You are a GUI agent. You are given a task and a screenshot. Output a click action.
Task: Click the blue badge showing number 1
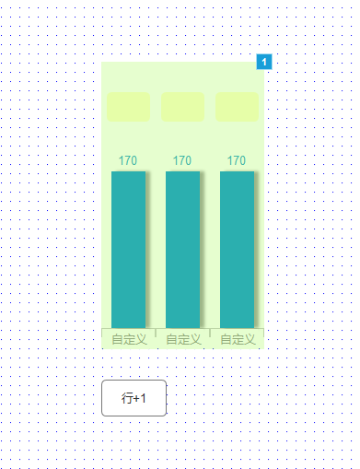coord(264,62)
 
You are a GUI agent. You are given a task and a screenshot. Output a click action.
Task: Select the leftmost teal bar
coord(128,250)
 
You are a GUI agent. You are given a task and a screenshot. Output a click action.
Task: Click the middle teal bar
coord(182,250)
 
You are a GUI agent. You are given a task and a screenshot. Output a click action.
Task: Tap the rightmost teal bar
coord(237,250)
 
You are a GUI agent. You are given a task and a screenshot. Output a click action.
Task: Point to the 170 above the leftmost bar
coord(128,160)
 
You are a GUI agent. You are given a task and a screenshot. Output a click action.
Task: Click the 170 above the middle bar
coord(182,160)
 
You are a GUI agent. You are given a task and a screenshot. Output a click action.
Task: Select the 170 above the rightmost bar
coord(237,160)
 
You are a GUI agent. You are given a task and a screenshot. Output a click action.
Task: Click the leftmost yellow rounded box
coord(128,107)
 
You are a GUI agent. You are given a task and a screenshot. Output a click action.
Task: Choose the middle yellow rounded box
coord(182,107)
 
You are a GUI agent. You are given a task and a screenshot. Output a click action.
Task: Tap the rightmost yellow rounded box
coord(237,107)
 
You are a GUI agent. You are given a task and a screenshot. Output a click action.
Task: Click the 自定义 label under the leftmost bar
coord(129,339)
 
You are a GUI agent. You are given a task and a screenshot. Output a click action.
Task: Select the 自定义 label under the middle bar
coord(183,339)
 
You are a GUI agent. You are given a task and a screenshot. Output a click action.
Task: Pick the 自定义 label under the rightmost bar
coord(238,339)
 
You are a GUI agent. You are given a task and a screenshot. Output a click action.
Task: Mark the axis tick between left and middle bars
coord(156,333)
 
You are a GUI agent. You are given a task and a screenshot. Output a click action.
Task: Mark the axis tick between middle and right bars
coord(210,333)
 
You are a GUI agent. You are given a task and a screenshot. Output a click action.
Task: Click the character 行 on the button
coord(127,398)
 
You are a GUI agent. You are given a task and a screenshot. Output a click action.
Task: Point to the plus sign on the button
coord(136,399)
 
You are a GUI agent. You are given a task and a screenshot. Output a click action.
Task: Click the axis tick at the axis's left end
coord(102,333)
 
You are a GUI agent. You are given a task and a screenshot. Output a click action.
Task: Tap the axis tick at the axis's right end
coord(263,333)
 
